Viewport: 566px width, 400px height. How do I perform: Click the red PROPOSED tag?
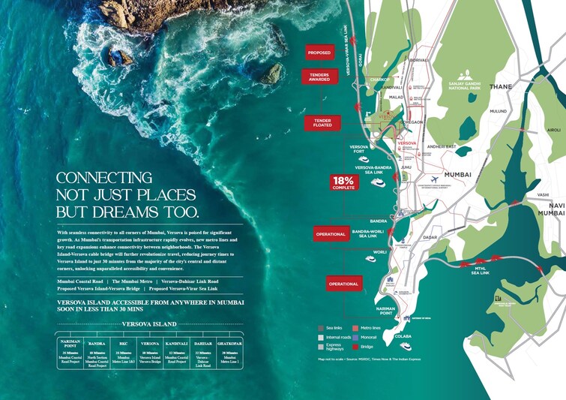[318, 53]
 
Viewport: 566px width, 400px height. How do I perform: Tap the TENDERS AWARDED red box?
[319, 77]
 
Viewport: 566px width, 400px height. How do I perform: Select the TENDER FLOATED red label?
[322, 122]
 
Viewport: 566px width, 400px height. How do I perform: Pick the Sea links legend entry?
[332, 328]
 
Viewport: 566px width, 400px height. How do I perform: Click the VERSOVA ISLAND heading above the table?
[150, 324]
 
